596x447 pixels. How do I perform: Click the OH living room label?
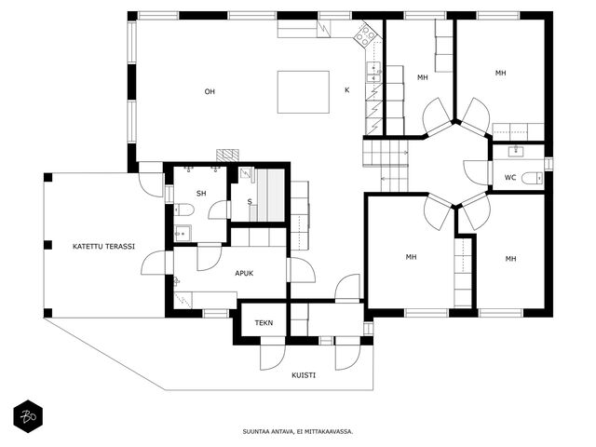pyautogui.click(x=210, y=91)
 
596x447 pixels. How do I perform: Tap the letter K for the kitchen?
pyautogui.click(x=346, y=90)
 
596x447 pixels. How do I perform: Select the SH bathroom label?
pyautogui.click(x=201, y=194)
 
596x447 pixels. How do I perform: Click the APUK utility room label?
pyautogui.click(x=244, y=273)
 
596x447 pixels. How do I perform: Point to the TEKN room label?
pyautogui.click(x=264, y=323)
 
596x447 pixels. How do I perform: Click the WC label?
pyautogui.click(x=510, y=178)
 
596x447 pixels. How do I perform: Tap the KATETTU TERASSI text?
pyautogui.click(x=103, y=246)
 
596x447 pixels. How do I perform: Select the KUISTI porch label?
pyautogui.click(x=304, y=375)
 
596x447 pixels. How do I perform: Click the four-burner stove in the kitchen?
pyautogui.click(x=366, y=35)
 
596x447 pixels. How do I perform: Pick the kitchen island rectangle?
pyautogui.click(x=304, y=92)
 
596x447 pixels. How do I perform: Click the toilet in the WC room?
pyautogui.click(x=532, y=178)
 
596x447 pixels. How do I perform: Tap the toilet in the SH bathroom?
pyautogui.click(x=184, y=210)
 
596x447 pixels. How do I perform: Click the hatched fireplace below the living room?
pyautogui.click(x=227, y=156)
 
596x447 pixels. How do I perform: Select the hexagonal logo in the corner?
pyautogui.click(x=28, y=416)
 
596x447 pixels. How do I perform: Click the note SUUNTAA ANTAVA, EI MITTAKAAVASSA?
pyautogui.click(x=298, y=431)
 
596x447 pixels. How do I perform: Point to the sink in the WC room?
pyautogui.click(x=516, y=151)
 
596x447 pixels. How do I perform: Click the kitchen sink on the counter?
pyautogui.click(x=373, y=72)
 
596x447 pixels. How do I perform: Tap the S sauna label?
pyautogui.click(x=250, y=202)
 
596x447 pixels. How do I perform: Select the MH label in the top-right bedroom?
pyautogui.click(x=501, y=73)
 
